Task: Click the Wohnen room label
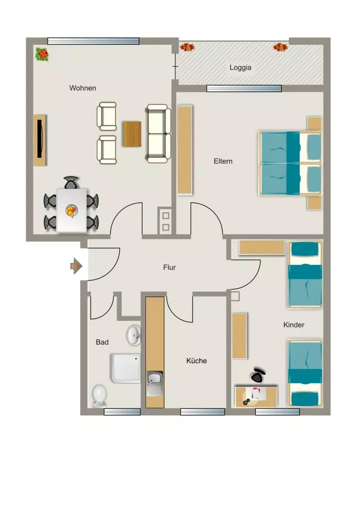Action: (83, 88)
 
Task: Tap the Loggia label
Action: (240, 67)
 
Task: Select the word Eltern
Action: (223, 161)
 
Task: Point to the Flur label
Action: (169, 267)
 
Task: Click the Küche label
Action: (196, 361)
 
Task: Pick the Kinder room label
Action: (294, 325)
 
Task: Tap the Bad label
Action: (102, 342)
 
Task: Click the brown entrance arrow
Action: (76, 266)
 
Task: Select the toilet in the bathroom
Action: (99, 396)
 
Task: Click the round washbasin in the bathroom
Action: (133, 335)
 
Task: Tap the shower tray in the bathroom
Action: (125, 368)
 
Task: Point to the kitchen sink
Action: (155, 383)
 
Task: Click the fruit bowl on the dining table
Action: (71, 211)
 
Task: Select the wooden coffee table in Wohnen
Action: (132, 134)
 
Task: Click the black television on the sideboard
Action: (40, 139)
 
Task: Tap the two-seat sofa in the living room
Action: (158, 133)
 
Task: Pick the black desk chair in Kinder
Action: (258, 376)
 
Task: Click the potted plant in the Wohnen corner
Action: (42, 54)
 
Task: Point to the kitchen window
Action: (203, 412)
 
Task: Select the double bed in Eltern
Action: (290, 163)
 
